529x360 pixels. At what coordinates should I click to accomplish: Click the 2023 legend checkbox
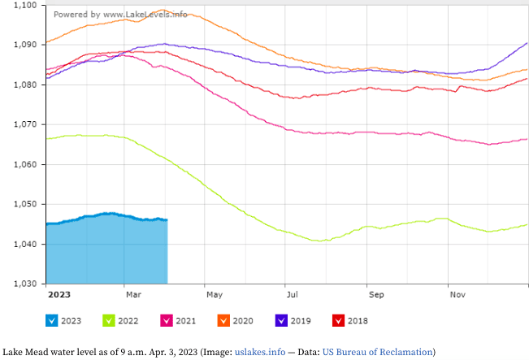pos(52,320)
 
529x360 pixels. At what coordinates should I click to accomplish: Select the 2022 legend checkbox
pos(110,320)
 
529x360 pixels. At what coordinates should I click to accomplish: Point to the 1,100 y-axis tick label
pos(24,6)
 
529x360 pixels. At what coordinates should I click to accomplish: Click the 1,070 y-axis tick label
pos(24,124)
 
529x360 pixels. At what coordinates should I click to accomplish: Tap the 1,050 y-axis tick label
pos(24,204)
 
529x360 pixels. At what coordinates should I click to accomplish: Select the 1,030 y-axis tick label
pos(24,284)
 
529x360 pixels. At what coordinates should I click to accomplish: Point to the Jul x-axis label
pos(289,294)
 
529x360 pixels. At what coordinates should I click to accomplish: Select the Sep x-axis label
pos(375,294)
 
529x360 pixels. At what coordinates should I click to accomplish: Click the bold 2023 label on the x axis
pos(59,294)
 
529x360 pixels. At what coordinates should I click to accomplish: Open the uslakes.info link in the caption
pos(260,352)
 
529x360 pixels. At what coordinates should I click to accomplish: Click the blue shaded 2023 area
pos(106,252)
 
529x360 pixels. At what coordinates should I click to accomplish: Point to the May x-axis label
pos(214,294)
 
